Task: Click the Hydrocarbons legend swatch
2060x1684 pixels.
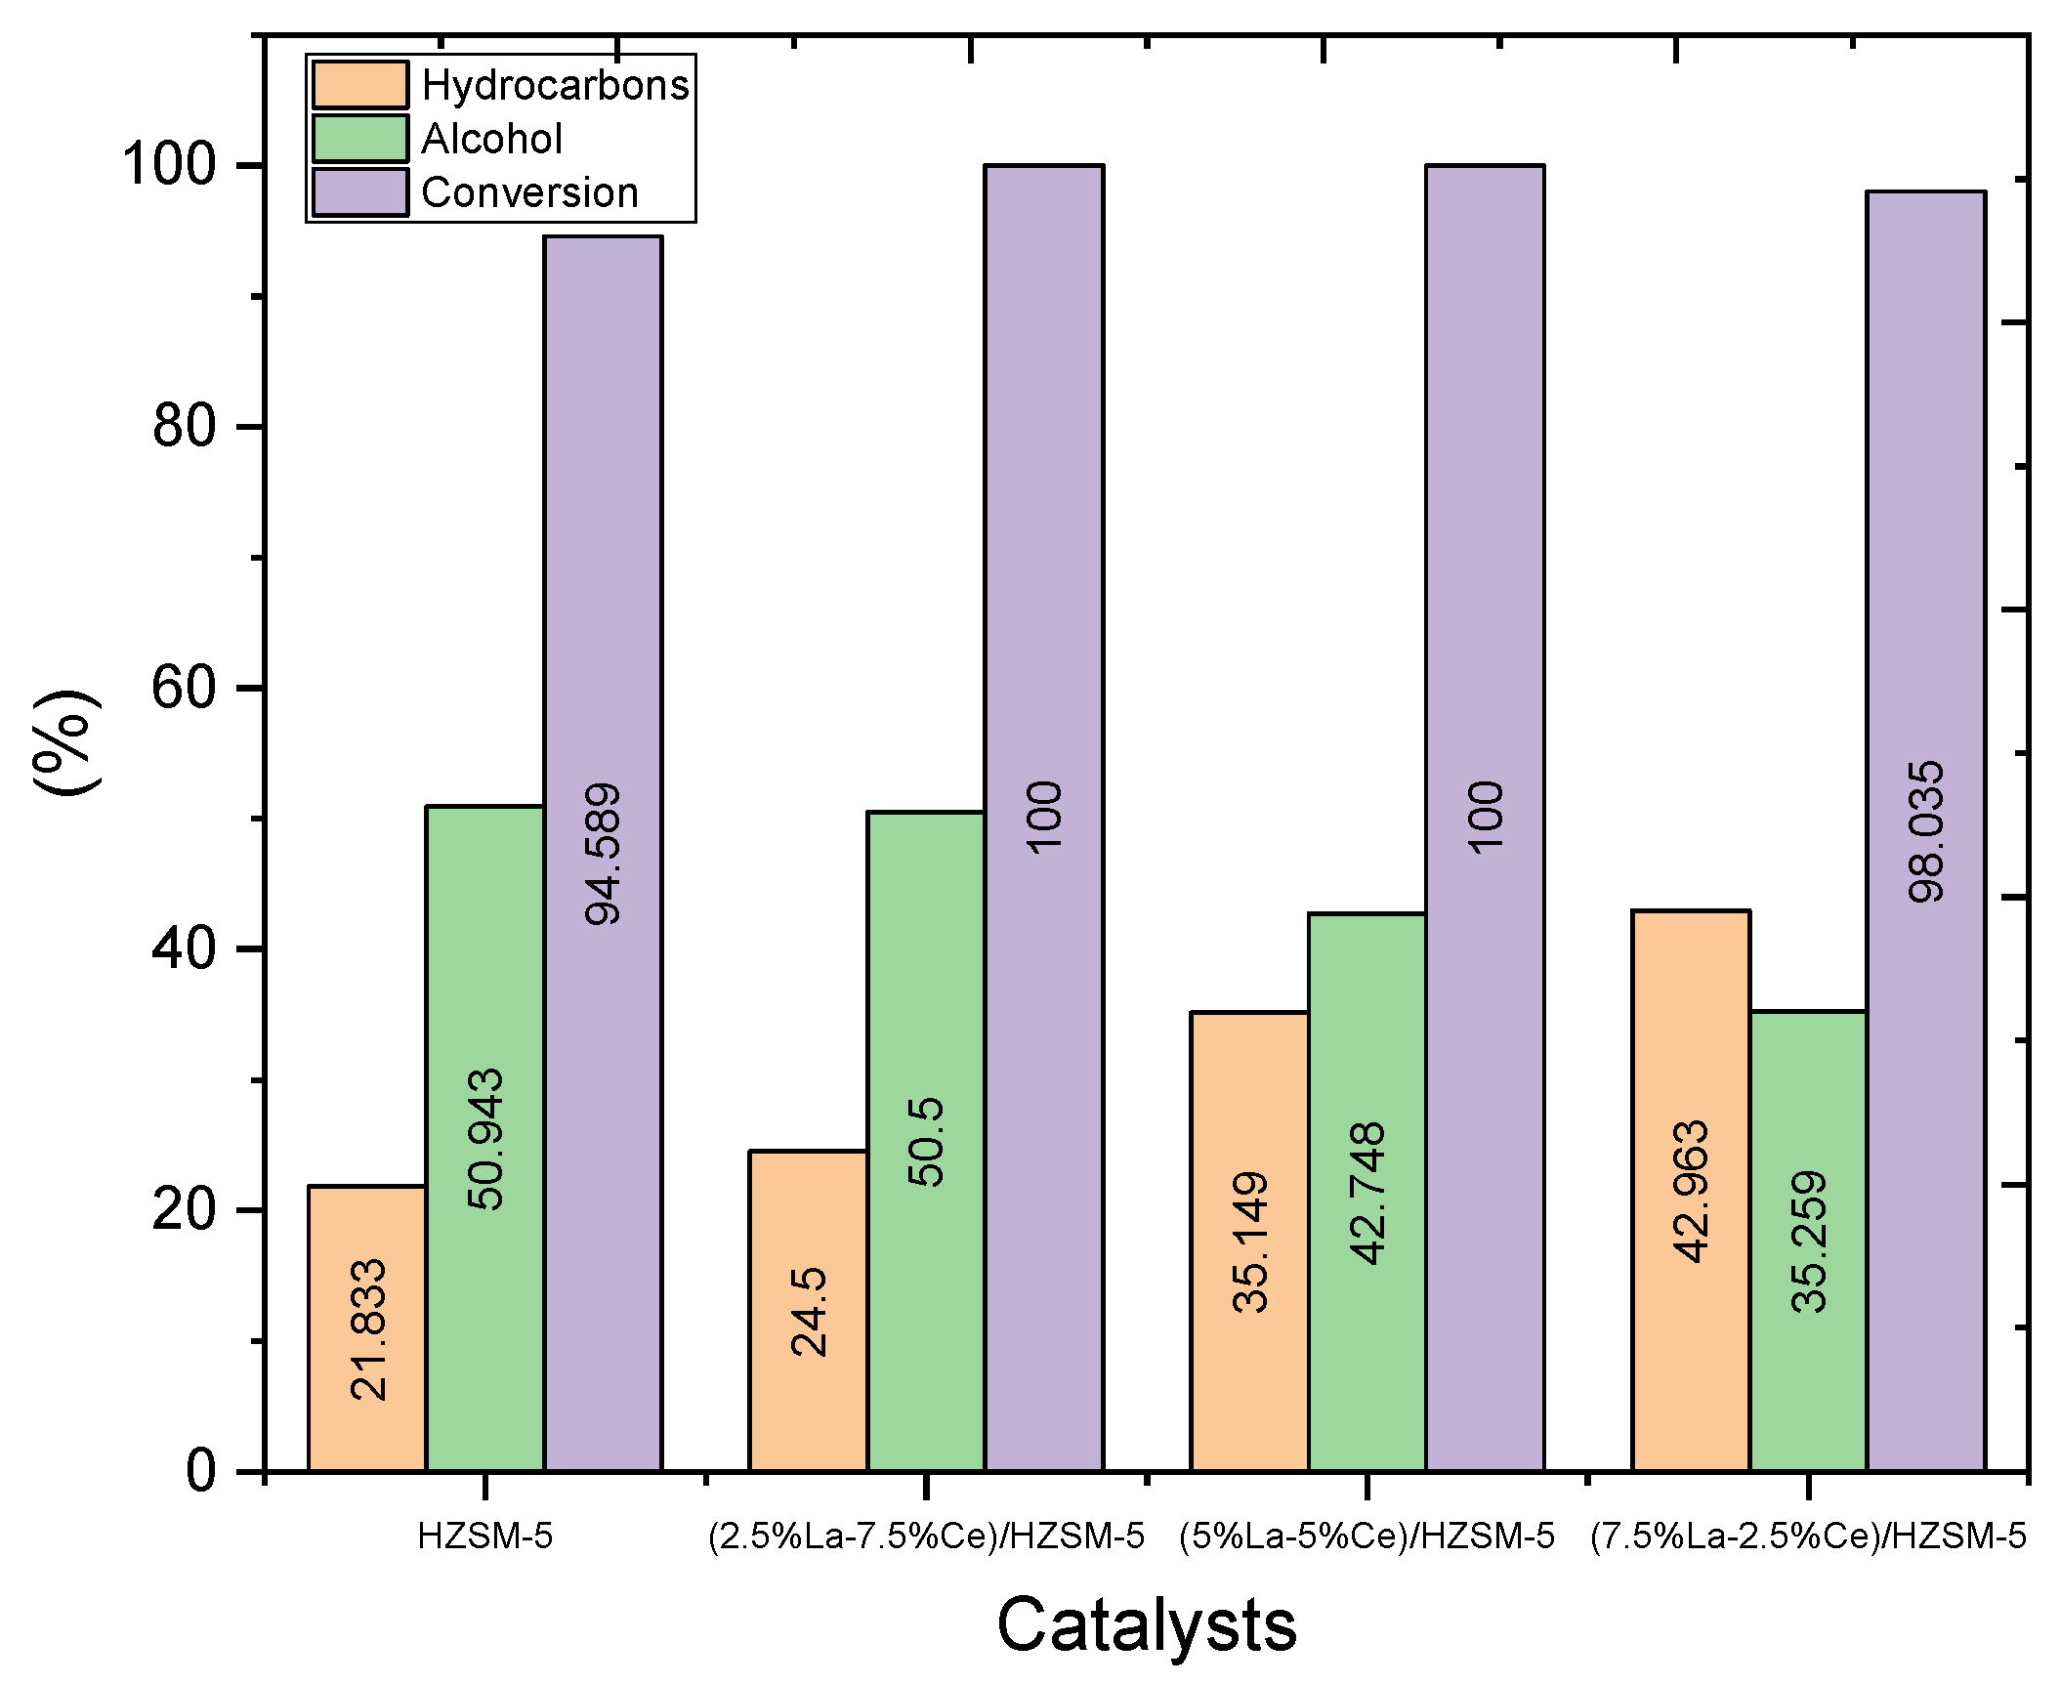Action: (359, 85)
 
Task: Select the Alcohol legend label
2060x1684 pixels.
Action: (491, 139)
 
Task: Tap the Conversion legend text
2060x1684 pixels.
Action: (529, 192)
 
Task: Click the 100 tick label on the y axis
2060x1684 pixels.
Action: (168, 164)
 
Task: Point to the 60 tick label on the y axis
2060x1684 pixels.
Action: (183, 688)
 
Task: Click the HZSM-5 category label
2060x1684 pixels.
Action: (484, 1537)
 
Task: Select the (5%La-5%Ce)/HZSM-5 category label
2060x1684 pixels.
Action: (1366, 1537)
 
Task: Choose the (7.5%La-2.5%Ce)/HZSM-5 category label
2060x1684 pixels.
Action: (1808, 1537)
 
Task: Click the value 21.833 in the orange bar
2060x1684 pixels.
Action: (369, 1330)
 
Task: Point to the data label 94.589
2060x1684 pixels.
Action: (603, 854)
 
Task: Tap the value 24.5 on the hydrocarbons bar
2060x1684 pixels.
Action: (809, 1312)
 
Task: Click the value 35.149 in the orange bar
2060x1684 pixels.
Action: (1250, 1242)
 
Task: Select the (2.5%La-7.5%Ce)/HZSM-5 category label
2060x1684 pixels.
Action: (925, 1537)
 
